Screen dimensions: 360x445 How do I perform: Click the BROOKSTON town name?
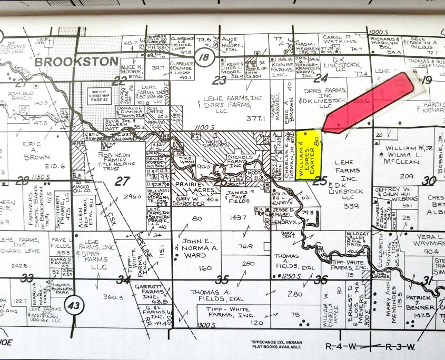click(76, 62)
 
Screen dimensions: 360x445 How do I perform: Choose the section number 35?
click(223, 279)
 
